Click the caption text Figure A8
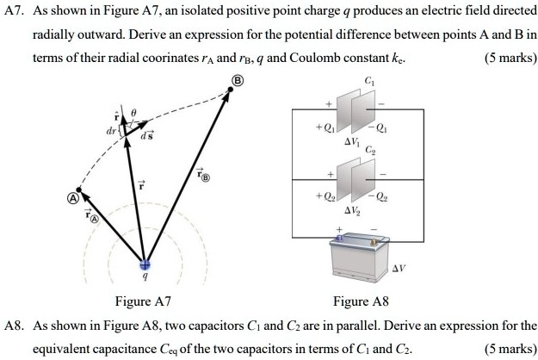click(x=362, y=301)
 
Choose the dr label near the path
click(x=109, y=134)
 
